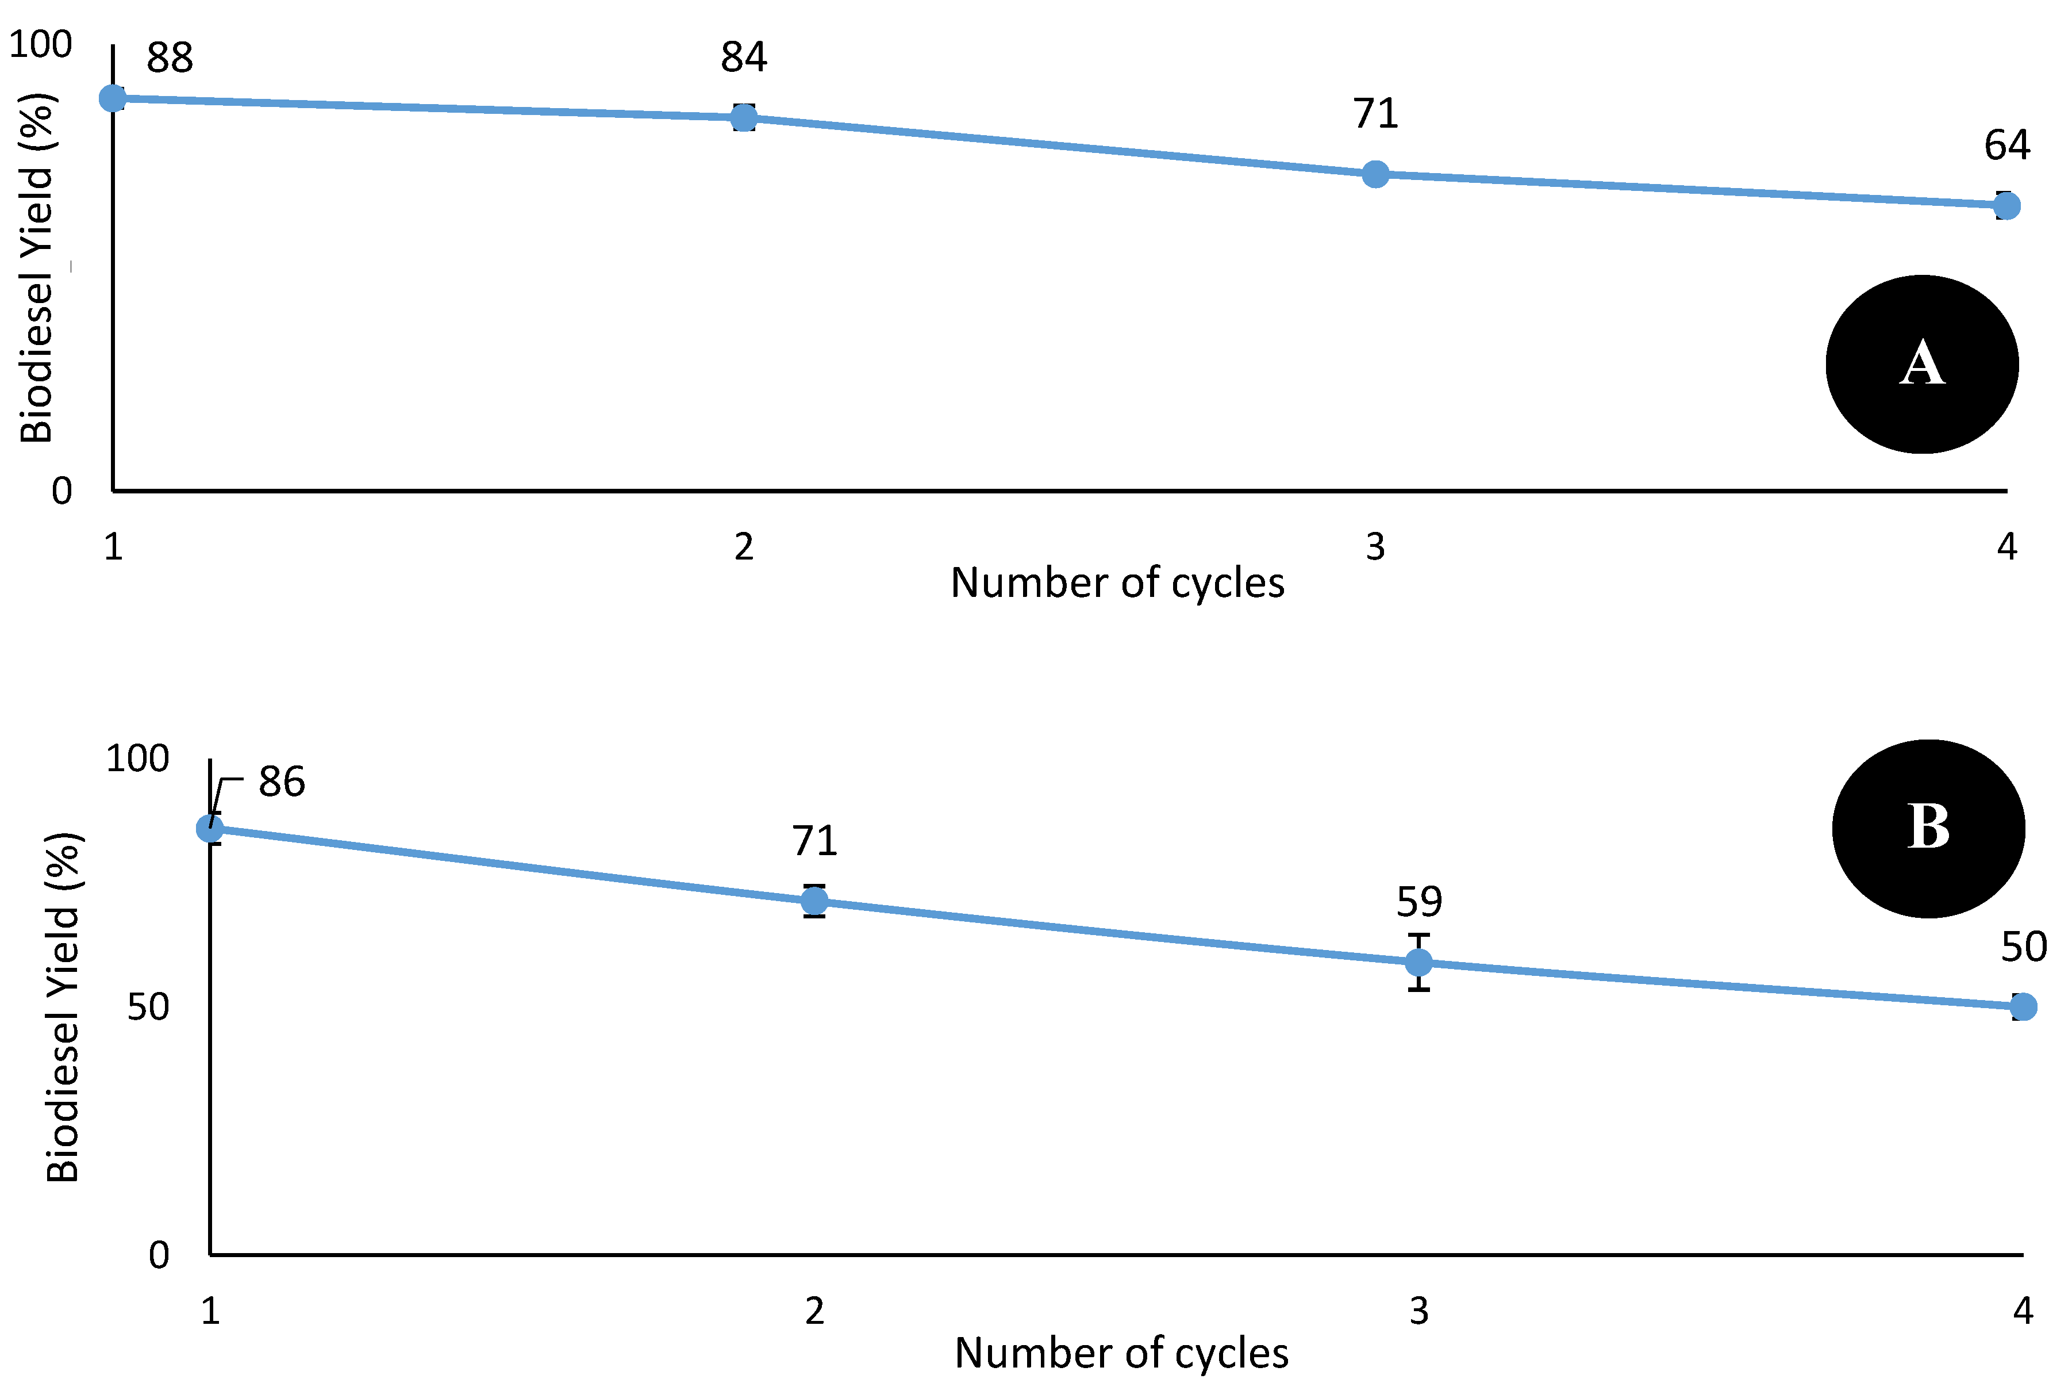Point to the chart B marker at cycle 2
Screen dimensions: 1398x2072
(x=814, y=901)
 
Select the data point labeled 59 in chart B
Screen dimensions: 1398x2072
(x=1419, y=963)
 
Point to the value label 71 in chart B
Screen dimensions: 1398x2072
(x=814, y=841)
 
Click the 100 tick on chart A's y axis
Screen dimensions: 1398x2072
(x=40, y=45)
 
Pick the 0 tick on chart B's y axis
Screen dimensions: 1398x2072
(x=159, y=1255)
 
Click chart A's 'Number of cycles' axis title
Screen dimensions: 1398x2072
(x=1117, y=583)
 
